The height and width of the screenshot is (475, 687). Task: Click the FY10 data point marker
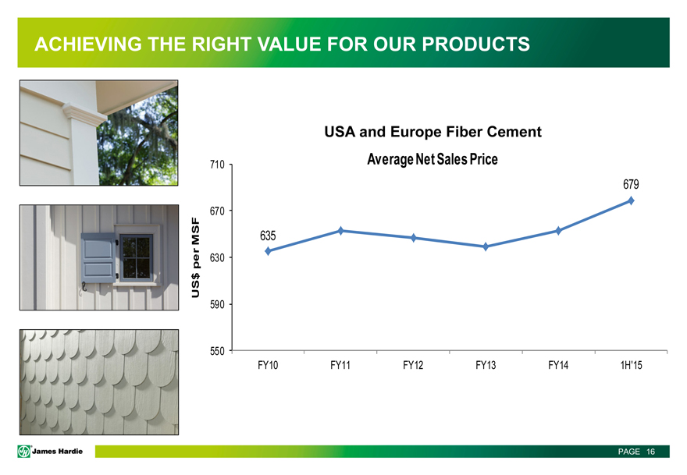268,251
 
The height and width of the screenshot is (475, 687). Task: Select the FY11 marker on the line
341,231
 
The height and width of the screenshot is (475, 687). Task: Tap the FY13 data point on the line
486,247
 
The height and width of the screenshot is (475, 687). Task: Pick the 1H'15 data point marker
631,200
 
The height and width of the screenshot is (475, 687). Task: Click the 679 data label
631,184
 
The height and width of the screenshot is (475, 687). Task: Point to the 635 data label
268,236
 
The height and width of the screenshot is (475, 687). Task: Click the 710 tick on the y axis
217,165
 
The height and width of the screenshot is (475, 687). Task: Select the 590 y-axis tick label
217,304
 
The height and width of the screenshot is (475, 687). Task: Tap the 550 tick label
217,351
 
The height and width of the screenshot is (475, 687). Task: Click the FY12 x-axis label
413,365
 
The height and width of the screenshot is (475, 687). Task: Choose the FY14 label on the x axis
558,365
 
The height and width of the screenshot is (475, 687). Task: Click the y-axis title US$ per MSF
196,258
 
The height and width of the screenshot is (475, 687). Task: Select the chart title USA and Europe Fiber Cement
432,132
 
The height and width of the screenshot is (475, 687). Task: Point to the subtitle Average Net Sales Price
432,159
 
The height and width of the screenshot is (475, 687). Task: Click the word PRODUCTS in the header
475,44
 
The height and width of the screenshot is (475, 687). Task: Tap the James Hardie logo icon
24,451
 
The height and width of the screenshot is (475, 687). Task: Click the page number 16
650,452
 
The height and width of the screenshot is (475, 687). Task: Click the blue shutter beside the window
98,258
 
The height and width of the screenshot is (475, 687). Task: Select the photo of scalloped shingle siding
99,382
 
